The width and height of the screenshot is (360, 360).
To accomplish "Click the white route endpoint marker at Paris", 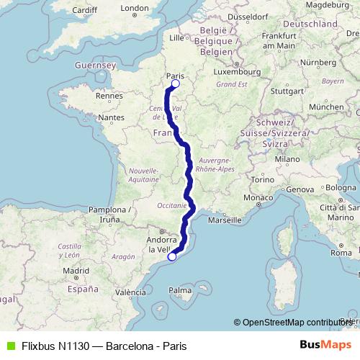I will pyautogui.click(x=175, y=84).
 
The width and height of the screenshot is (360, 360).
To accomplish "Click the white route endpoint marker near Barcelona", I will pyautogui.click(x=172, y=256).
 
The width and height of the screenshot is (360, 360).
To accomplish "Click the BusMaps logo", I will pyautogui.click(x=325, y=346).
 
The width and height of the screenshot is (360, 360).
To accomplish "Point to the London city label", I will pyautogui.click(x=134, y=9).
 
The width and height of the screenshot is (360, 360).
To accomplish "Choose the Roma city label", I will pyautogui.click(x=341, y=253).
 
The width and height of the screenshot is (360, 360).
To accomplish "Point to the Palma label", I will pyautogui.click(x=180, y=290).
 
